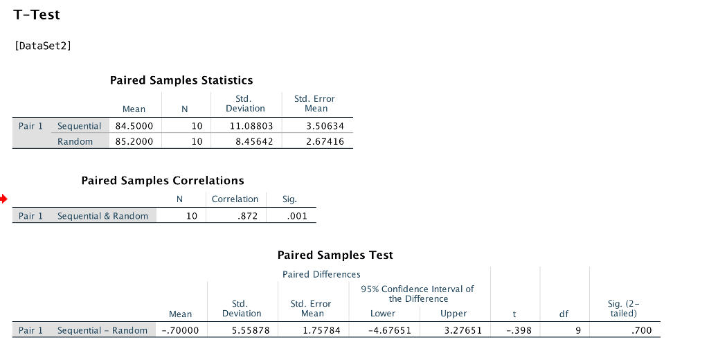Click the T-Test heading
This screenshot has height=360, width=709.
(x=36, y=15)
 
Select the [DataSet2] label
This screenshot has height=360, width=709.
(x=43, y=46)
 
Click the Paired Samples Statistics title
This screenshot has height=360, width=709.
(x=181, y=80)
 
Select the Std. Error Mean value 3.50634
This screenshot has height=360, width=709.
(x=324, y=126)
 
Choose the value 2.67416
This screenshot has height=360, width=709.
(x=324, y=142)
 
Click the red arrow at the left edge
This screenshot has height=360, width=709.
(x=4, y=200)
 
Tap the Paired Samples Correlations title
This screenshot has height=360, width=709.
(x=163, y=181)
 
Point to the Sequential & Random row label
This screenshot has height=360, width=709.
(x=102, y=216)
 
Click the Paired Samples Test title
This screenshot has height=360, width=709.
(x=335, y=255)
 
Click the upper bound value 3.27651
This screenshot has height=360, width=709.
(x=463, y=331)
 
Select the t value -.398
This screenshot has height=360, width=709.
(x=519, y=331)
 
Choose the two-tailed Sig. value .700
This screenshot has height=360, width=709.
(x=642, y=331)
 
